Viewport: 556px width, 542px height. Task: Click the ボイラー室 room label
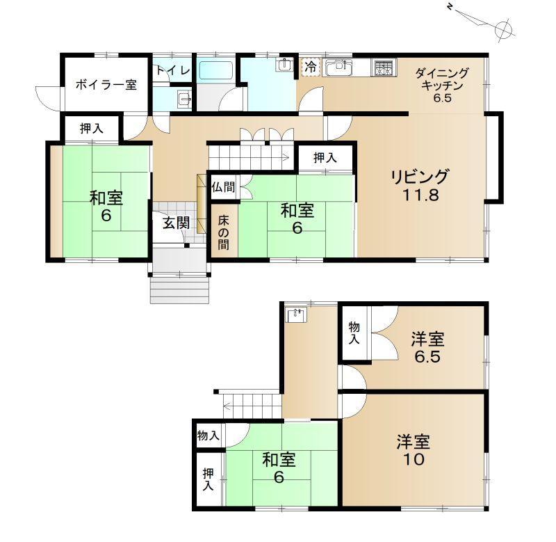click(x=106, y=85)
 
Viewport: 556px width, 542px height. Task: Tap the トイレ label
click(x=173, y=70)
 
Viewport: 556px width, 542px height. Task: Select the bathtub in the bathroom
click(x=216, y=70)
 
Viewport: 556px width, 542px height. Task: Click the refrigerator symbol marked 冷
click(x=311, y=67)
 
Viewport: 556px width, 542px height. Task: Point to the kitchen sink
click(x=338, y=67)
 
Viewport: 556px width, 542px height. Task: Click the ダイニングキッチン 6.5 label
click(x=442, y=86)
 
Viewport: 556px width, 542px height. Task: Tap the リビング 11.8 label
click(x=420, y=185)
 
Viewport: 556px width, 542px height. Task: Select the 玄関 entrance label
click(x=177, y=223)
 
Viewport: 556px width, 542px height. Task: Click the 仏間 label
click(x=223, y=187)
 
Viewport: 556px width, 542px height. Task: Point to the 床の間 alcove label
click(x=223, y=232)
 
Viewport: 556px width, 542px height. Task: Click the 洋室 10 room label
click(x=414, y=450)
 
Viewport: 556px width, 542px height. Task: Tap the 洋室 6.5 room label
click(x=427, y=347)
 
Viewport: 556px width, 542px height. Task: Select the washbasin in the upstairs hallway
click(x=297, y=315)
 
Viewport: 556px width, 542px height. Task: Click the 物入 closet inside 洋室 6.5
click(x=354, y=333)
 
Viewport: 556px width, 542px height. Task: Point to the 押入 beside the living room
click(x=325, y=158)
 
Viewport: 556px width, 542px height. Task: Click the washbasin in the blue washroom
click(x=286, y=65)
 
